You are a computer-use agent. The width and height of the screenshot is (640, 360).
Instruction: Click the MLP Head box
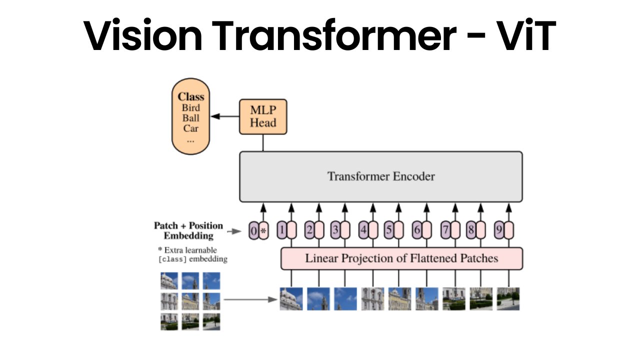[263, 116]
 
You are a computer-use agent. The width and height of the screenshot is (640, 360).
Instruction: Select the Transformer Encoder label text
[381, 176]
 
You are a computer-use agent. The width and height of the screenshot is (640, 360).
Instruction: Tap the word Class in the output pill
[191, 96]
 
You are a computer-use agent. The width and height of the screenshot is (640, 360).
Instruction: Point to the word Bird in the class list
[191, 108]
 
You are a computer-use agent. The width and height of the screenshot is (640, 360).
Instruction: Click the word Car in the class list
[190, 128]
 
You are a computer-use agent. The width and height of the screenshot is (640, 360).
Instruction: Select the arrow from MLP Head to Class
[225, 116]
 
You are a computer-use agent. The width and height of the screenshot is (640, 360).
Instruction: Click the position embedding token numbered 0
[253, 230]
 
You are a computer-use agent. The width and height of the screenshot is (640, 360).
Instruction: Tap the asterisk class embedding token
[263, 230]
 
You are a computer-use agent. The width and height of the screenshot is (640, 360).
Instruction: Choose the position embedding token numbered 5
[389, 230]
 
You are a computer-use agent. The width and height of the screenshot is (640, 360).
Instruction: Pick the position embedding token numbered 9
[499, 230]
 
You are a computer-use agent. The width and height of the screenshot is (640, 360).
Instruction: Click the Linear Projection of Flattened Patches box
[401, 258]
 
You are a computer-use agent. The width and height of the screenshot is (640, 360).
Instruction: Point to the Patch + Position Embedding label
[188, 230]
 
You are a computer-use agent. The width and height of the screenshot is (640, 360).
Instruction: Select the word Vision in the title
[142, 35]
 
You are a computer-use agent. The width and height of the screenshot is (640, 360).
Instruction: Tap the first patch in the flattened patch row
[291, 299]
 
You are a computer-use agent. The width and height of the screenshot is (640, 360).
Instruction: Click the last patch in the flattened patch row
[508, 299]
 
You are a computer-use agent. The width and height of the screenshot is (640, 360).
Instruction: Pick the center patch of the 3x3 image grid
[190, 301]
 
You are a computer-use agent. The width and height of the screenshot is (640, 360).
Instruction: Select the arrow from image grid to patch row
[250, 299]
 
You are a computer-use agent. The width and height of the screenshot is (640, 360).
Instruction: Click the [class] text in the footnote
[172, 259]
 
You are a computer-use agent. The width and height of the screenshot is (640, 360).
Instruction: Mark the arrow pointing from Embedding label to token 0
[234, 231]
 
